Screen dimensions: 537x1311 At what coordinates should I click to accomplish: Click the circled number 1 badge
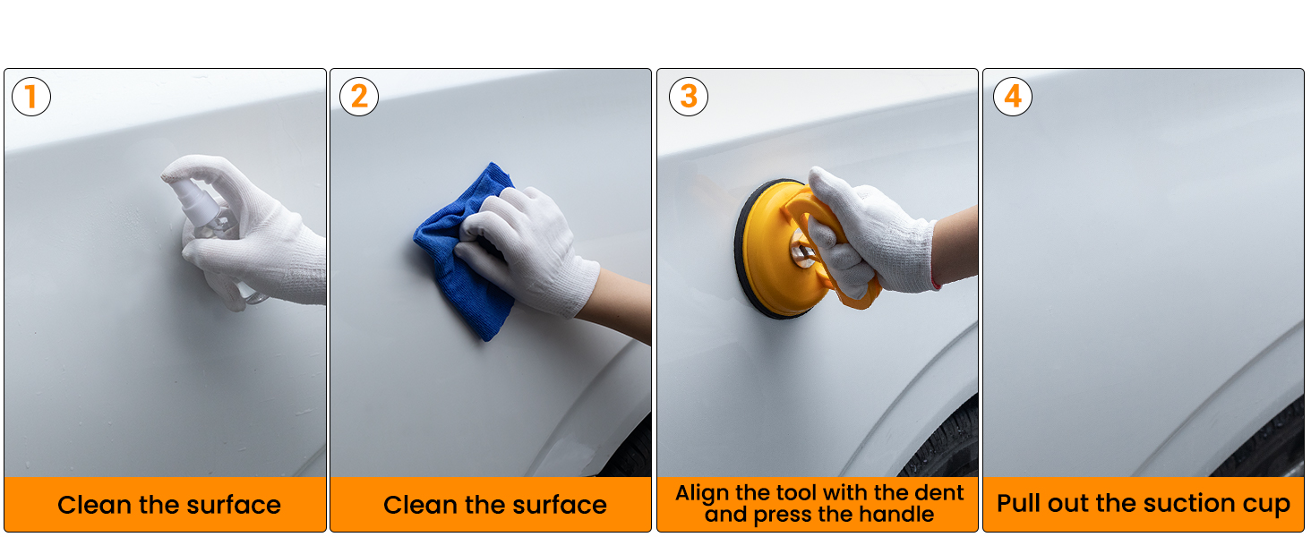[x=31, y=97]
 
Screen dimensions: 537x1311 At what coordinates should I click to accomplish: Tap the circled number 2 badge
[x=359, y=97]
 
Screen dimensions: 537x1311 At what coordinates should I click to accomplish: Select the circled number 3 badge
[x=689, y=97]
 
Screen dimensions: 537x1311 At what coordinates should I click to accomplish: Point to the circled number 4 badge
[x=1013, y=97]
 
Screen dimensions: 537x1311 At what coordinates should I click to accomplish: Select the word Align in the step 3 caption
[x=699, y=493]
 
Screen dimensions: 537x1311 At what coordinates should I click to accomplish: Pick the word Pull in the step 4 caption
[x=1019, y=504]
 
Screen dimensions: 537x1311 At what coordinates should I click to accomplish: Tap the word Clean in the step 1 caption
[x=88, y=505]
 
